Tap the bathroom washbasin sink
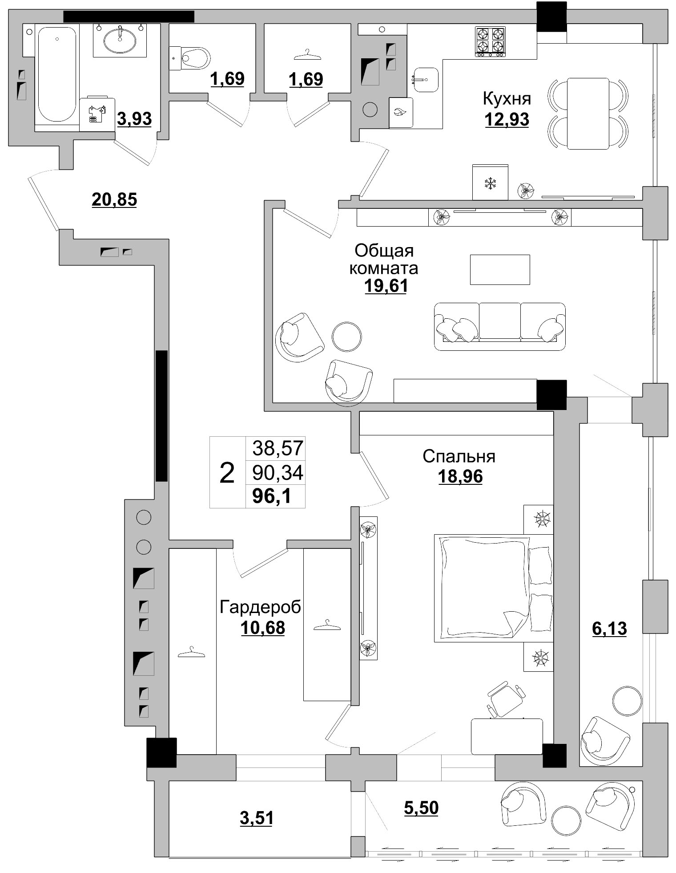pyautogui.click(x=120, y=40)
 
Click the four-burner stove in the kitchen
pyautogui.click(x=490, y=42)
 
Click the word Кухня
pyautogui.click(x=507, y=99)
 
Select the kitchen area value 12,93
pyautogui.click(x=507, y=119)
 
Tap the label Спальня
pyautogui.click(x=459, y=456)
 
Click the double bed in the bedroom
pyautogui.click(x=494, y=588)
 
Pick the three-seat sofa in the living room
pyautogui.click(x=500, y=326)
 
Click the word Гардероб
pyautogui.click(x=261, y=607)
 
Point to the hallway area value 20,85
pyautogui.click(x=114, y=199)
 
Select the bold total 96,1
pyautogui.click(x=272, y=495)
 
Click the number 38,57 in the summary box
pyautogui.click(x=278, y=448)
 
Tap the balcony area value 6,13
pyautogui.click(x=609, y=628)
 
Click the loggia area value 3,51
pyautogui.click(x=257, y=818)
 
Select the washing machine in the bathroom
pyautogui.click(x=97, y=114)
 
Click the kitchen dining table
pyautogui.click(x=587, y=114)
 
